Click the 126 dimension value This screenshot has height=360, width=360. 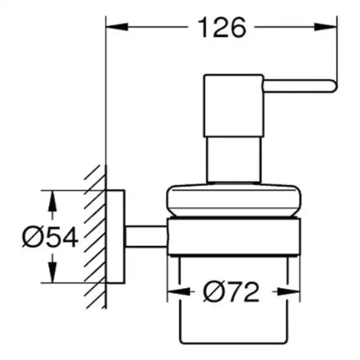pos(222,28)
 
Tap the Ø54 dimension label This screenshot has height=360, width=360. pos(50,237)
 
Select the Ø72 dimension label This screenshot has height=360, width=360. pos(231,292)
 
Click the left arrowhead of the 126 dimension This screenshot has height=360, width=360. pos(117,27)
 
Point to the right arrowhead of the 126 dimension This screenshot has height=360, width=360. pos(326,27)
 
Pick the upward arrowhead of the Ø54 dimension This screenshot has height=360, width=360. pos(53,201)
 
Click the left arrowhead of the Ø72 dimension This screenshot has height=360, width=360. pos(179,292)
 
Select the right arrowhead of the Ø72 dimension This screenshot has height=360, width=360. pos(289,292)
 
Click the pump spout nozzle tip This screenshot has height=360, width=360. pos(335,86)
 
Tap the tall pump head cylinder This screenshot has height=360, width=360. pos(234,106)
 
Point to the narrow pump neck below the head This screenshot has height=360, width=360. pos(234,160)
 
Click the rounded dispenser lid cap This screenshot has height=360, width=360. pos(234,200)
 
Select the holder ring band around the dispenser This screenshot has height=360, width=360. pos(234,237)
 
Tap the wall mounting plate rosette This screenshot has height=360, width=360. pos(115,237)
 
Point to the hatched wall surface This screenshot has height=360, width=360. pos(95,236)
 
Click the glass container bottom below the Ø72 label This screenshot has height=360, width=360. pos(233,343)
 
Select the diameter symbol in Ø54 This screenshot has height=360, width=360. pos(31,237)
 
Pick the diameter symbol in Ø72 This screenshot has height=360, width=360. pos(212,292)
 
